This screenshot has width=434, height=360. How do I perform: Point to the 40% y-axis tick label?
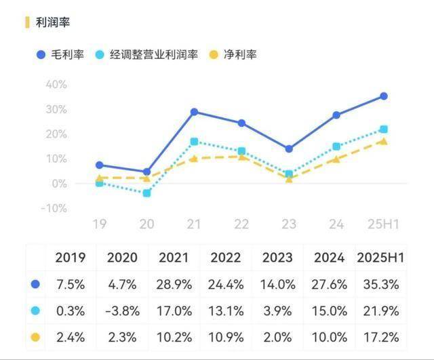coord(56,84)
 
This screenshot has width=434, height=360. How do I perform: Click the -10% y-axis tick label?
coord(54,208)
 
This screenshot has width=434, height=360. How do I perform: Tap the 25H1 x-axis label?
coord(383,223)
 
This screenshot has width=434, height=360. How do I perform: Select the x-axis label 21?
coord(194,223)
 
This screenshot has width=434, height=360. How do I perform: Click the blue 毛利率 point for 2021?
coord(195,112)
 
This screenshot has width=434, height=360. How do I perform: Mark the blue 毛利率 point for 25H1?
coord(383,96)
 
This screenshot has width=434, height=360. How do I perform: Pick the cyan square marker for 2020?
coord(147,193)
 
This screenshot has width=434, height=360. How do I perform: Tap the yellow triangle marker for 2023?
coord(289,179)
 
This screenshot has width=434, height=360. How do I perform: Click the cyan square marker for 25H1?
coord(383,129)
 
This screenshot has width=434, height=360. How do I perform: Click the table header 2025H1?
coord(380,258)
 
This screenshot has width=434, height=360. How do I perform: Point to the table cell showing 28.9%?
coord(175,285)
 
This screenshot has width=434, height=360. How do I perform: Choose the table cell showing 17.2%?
coord(380,336)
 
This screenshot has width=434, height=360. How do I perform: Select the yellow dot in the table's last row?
coord(35,336)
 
